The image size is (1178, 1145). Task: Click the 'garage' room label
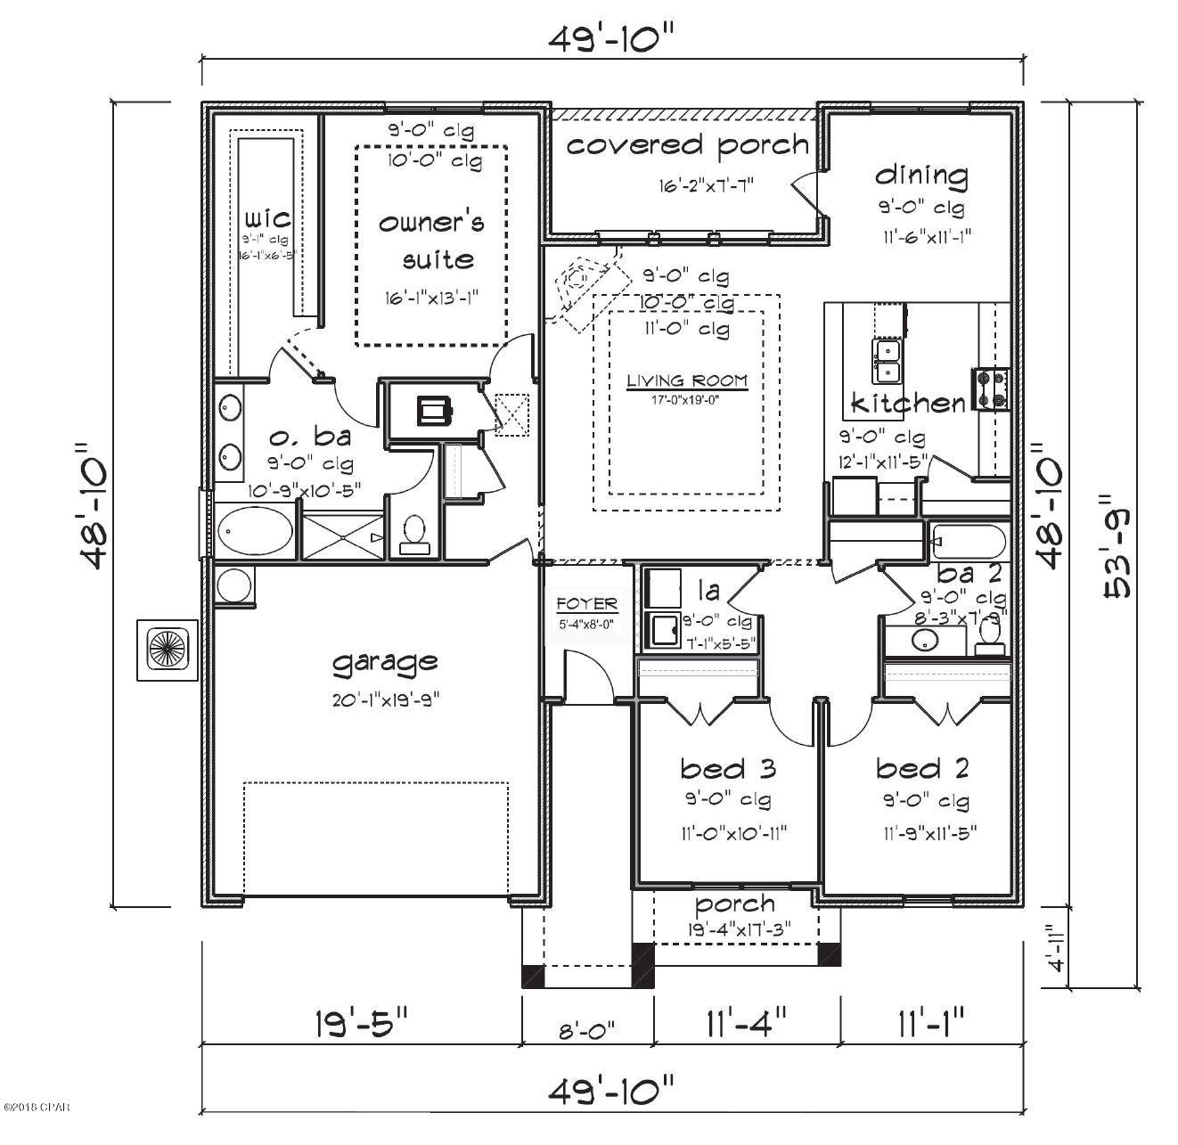pyautogui.click(x=385, y=661)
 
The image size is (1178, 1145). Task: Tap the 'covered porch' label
pyautogui.click(x=687, y=145)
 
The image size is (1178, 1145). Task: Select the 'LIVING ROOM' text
pyautogui.click(x=686, y=380)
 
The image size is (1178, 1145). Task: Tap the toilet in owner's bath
pyautogui.click(x=413, y=533)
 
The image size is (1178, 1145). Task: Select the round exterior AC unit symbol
pyautogui.click(x=166, y=650)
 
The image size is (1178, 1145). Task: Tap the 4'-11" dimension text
pyautogui.click(x=1057, y=948)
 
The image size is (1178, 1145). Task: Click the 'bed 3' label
pyautogui.click(x=727, y=767)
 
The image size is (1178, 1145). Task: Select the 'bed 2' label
pyautogui.click(x=922, y=767)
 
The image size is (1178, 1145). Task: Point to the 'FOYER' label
pyautogui.click(x=586, y=604)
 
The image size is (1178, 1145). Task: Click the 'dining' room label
pyautogui.click(x=921, y=175)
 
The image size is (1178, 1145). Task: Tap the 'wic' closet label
pyautogui.click(x=266, y=217)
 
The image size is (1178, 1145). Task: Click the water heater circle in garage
pyautogui.click(x=235, y=586)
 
